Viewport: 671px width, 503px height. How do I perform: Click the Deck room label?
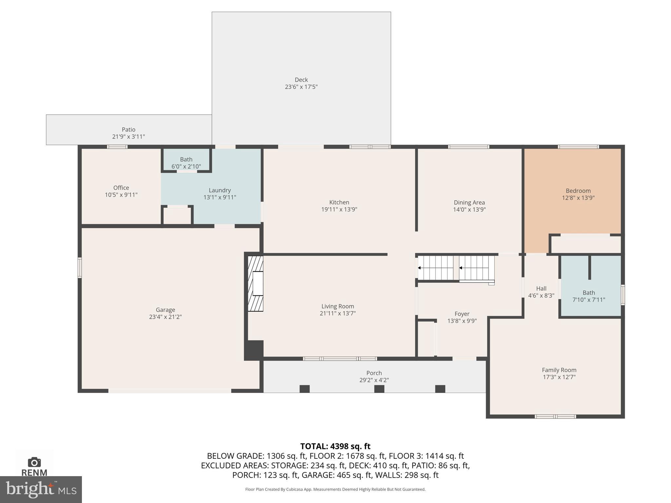pyautogui.click(x=301, y=80)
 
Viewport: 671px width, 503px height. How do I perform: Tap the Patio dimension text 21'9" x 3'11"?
pyautogui.click(x=128, y=137)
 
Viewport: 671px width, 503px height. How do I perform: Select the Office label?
pyautogui.click(x=121, y=188)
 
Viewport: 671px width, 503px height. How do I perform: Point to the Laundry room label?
pyautogui.click(x=220, y=190)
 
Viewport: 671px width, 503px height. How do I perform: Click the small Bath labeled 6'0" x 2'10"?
pyautogui.click(x=186, y=159)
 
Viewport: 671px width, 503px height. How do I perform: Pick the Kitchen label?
pyautogui.click(x=339, y=202)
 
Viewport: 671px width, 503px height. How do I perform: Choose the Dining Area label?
pyautogui.click(x=469, y=202)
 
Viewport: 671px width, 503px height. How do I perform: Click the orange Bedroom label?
pyautogui.click(x=578, y=191)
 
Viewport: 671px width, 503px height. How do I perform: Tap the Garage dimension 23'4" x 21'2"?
pyautogui.click(x=165, y=317)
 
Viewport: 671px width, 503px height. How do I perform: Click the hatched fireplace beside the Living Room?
pyautogui.click(x=256, y=284)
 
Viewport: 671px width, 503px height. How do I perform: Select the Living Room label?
pyautogui.click(x=338, y=306)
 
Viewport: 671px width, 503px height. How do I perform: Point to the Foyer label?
pyautogui.click(x=462, y=314)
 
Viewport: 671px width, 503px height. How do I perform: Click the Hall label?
pyautogui.click(x=541, y=289)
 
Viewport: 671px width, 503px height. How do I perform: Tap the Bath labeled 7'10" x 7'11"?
pyautogui.click(x=589, y=293)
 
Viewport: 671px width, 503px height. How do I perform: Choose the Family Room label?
pyautogui.click(x=559, y=370)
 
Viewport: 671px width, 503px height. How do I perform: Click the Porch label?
pyautogui.click(x=374, y=373)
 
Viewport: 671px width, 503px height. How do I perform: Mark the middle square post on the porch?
pyautogui.click(x=379, y=389)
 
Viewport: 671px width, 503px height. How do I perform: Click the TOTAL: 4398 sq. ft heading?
pyautogui.click(x=335, y=446)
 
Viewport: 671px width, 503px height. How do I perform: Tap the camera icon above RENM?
pyautogui.click(x=34, y=462)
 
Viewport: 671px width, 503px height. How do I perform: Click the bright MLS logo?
pyautogui.click(x=41, y=489)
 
